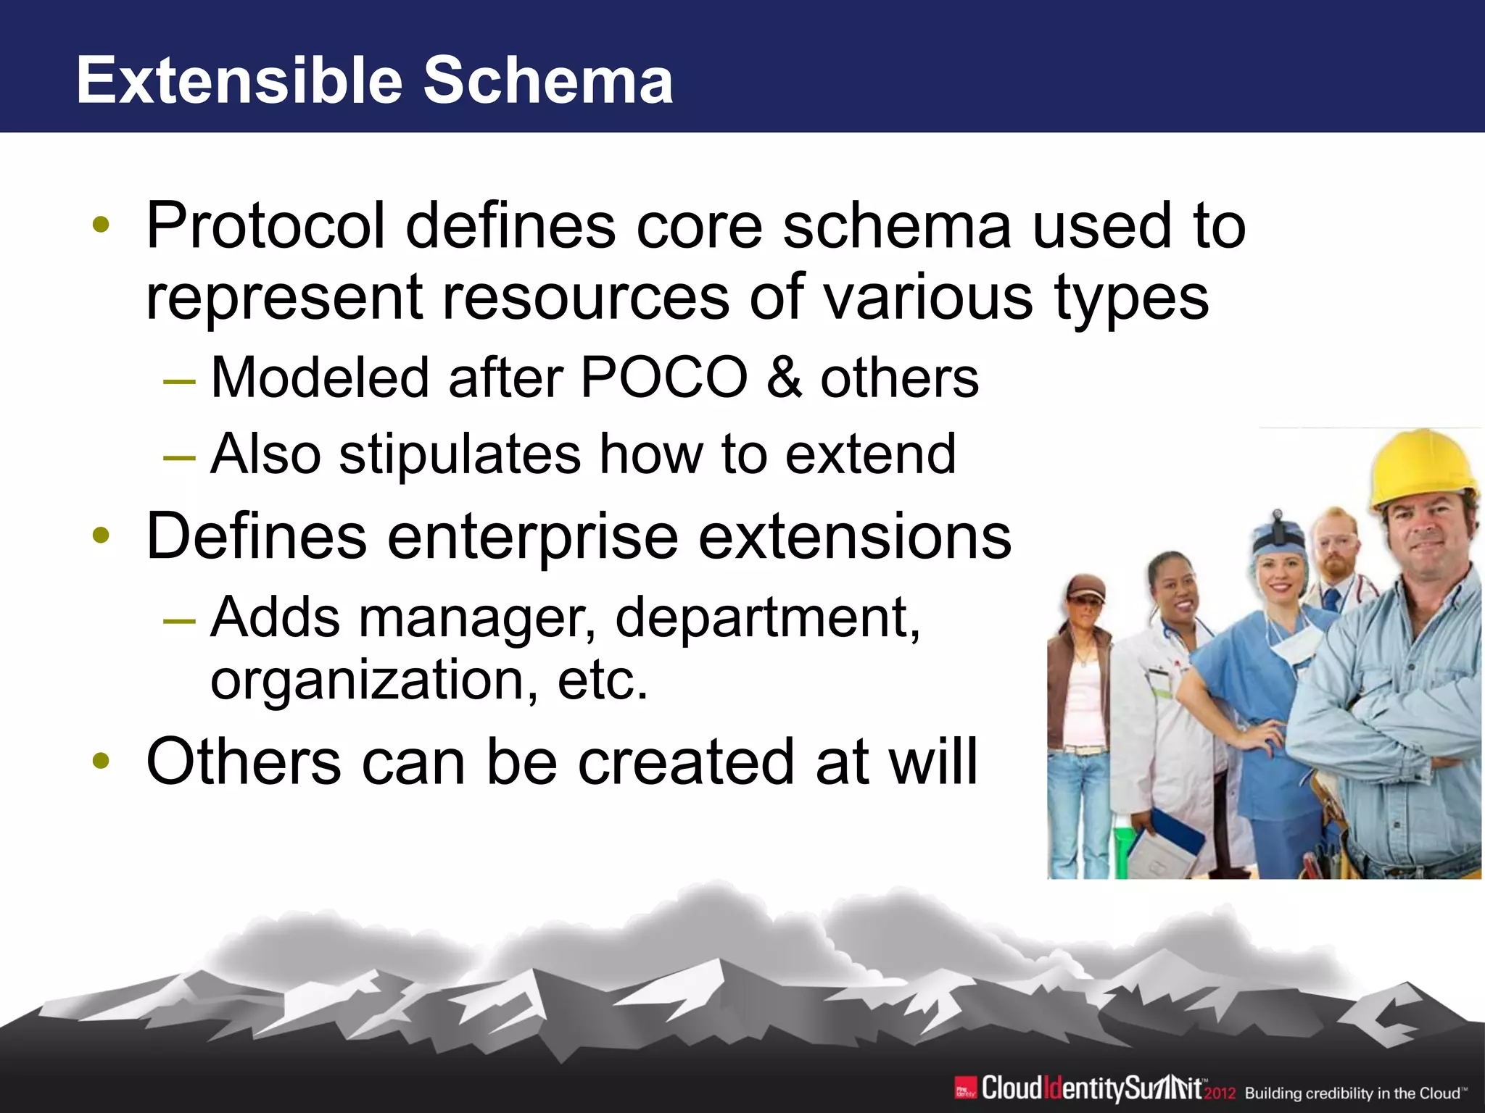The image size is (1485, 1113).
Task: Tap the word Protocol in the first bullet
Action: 265,226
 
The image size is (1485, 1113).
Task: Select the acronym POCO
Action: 663,378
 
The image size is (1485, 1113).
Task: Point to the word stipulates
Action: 460,454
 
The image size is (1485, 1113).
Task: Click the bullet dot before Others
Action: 101,760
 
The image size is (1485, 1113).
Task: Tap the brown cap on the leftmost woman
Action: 1085,586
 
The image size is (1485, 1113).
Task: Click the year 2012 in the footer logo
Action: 1220,1093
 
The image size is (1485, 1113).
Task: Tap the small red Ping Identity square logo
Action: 965,1088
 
